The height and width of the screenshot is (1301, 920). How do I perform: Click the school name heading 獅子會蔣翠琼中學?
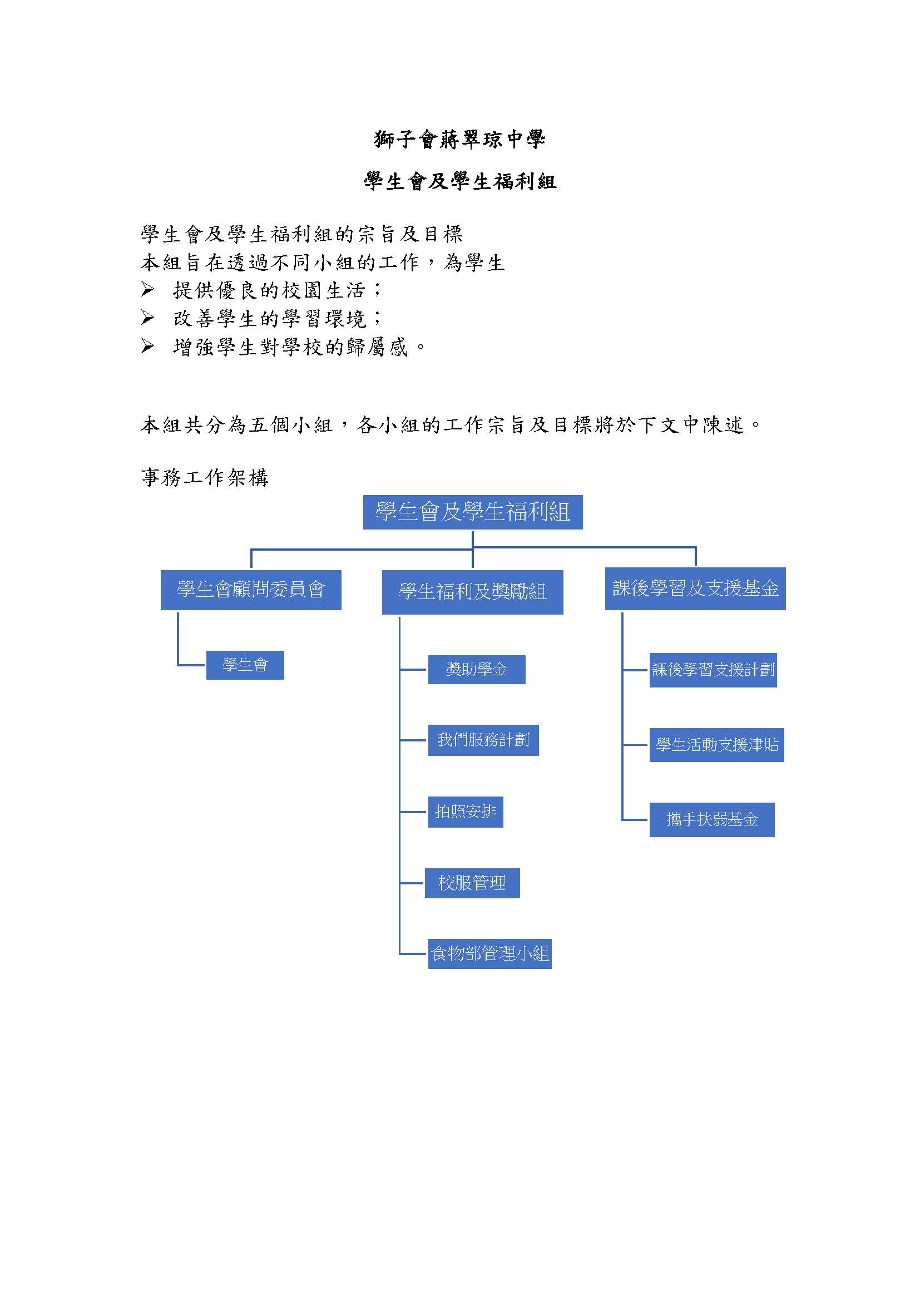(459, 139)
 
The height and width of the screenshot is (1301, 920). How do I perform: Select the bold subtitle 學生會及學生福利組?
(460, 181)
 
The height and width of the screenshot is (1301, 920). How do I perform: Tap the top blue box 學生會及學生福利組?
(472, 512)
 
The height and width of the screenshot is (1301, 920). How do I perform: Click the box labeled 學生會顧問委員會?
(251, 590)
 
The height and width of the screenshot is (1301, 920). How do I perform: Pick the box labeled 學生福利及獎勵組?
(472, 592)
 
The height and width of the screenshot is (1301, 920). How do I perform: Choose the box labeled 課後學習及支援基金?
(695, 588)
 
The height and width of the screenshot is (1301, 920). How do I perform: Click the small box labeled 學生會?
(245, 665)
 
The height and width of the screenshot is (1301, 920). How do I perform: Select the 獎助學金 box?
(477, 670)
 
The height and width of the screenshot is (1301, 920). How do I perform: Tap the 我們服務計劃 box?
(483, 740)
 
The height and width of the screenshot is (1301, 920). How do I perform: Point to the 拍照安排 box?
(466, 812)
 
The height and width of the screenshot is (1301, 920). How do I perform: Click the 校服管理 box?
(472, 883)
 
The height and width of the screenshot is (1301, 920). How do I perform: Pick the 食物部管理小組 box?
(490, 954)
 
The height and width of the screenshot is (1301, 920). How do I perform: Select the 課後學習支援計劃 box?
(713, 670)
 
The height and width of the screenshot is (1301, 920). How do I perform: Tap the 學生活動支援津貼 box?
(716, 745)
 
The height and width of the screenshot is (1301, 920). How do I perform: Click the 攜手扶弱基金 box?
(712, 819)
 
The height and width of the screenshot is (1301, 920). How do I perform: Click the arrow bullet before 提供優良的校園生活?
(147, 290)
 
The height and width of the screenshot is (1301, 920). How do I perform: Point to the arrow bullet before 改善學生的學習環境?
(147, 318)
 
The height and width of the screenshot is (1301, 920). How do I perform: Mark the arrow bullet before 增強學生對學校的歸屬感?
(147, 346)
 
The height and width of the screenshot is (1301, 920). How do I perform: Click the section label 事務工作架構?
(205, 478)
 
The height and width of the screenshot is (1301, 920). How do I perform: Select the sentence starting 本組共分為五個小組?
(451, 424)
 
